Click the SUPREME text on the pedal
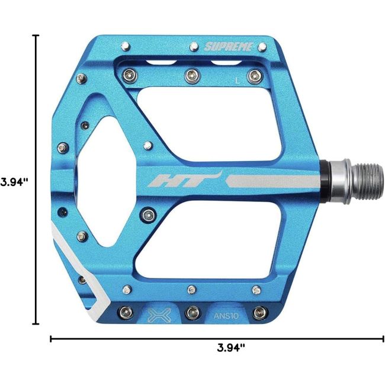pos(229,47)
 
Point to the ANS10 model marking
pos(226,316)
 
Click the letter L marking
pos(237,81)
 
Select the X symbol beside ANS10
pos(159,315)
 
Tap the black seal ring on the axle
pos(325,182)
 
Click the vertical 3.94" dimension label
pos(14,182)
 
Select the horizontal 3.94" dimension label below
pos(231,348)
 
